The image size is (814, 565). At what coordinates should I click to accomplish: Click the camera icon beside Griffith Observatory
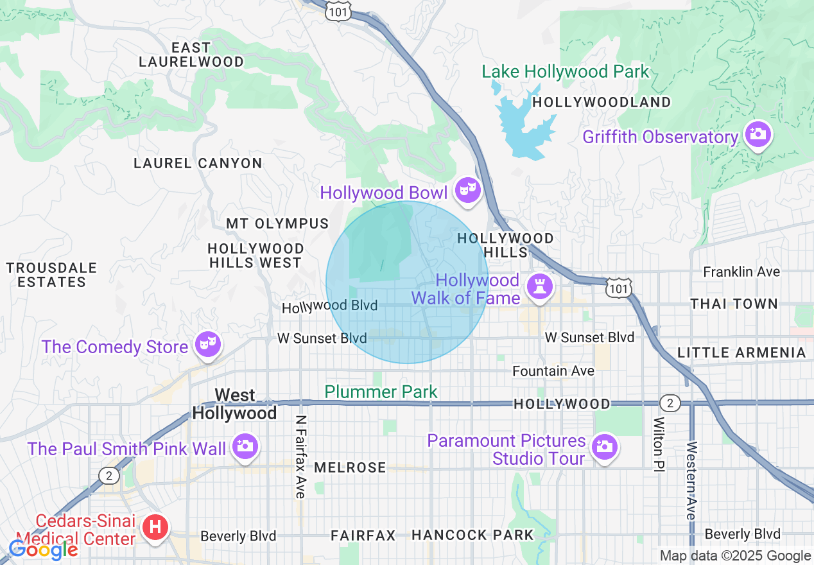758,134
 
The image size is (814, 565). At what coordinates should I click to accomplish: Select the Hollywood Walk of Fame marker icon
539,287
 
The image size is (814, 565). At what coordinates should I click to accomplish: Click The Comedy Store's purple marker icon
207,344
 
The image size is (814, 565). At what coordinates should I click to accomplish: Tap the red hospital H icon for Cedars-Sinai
155,528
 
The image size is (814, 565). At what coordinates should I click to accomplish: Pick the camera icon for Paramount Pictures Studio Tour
603,446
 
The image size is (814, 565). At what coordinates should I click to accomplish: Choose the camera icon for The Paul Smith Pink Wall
244,445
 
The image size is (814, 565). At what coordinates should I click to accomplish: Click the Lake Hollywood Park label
566,71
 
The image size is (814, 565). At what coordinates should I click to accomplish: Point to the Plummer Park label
381,392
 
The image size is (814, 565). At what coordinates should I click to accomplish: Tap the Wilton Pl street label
658,444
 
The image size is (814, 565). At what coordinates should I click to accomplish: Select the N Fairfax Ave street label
300,456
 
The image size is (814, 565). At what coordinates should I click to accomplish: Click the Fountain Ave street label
553,371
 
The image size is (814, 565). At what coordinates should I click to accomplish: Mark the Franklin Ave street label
741,272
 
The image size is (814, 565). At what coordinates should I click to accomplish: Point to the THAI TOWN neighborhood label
734,304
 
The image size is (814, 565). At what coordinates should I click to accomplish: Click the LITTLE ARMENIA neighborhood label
741,352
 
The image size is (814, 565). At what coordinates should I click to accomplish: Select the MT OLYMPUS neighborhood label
277,223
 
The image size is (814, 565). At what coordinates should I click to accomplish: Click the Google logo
43,550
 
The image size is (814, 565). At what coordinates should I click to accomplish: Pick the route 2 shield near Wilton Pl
670,403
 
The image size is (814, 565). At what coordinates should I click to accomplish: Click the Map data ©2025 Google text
735,556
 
